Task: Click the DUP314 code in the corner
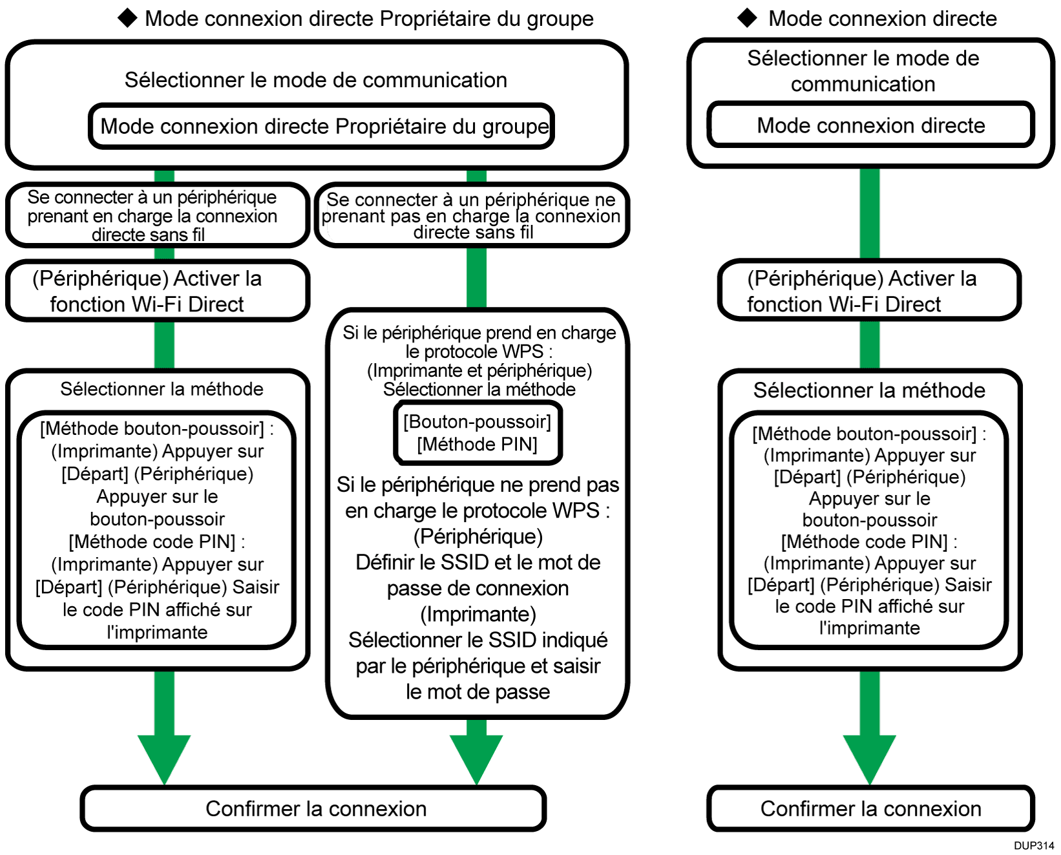[x=1033, y=845]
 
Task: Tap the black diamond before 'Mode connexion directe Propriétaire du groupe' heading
[x=128, y=18]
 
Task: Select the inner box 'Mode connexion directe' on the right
[x=870, y=125]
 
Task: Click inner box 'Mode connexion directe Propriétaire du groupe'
[x=322, y=126]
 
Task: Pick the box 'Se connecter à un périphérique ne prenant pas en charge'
[x=472, y=216]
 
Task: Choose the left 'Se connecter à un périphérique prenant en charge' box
[x=156, y=216]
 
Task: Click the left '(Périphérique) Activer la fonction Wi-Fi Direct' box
[x=156, y=291]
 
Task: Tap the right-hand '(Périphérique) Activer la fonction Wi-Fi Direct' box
[x=869, y=291]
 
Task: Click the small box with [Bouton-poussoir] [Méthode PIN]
[x=478, y=433]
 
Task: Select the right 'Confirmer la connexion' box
[x=870, y=808]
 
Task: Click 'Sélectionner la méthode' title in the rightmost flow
[x=869, y=390]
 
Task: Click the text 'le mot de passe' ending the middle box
[x=478, y=691]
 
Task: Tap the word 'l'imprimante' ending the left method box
[x=157, y=632]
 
